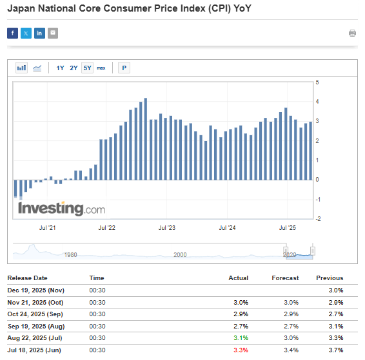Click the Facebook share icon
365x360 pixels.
13,33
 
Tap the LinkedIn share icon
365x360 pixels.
39,33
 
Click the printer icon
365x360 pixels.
352,33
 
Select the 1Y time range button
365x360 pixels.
60,68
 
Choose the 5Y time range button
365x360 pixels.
87,68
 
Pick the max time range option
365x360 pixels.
101,68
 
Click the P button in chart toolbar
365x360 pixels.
124,68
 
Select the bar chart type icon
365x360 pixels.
21,68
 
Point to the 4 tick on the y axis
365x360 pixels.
317,101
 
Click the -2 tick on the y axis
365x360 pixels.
317,218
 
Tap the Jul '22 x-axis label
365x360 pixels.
107,227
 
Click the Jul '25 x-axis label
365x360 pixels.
287,227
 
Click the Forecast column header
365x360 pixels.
285,278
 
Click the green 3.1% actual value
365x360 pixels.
240,338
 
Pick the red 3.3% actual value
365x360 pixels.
240,350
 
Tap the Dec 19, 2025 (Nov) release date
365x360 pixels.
37,290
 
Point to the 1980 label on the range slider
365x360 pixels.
70,255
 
